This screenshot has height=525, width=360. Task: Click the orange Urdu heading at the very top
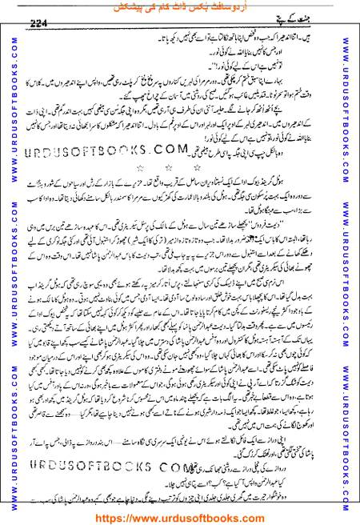click(x=179, y=6)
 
